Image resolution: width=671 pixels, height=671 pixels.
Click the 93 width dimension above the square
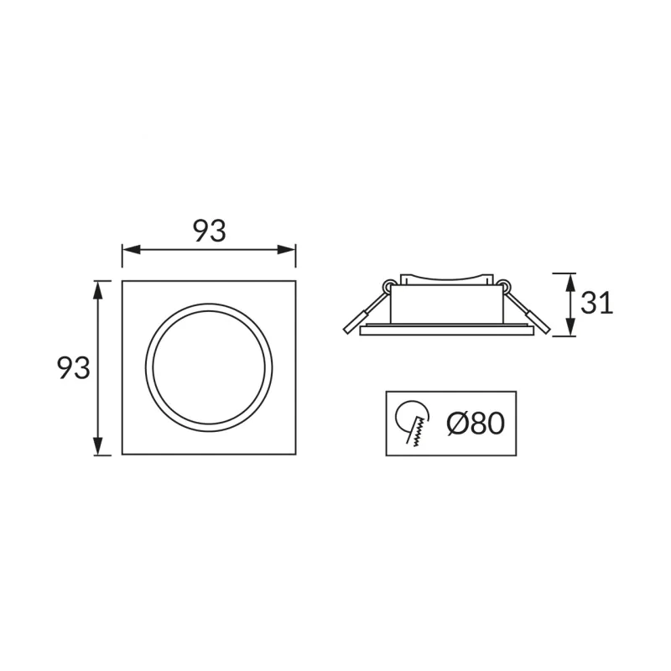point(209,231)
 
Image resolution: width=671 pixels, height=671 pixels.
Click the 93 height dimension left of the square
point(74,368)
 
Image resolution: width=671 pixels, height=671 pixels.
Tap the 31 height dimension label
point(596,304)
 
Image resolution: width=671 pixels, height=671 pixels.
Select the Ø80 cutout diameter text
point(476,424)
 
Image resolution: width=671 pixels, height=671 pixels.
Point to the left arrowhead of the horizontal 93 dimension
point(131,249)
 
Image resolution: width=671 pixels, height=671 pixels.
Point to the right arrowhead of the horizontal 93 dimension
point(287,249)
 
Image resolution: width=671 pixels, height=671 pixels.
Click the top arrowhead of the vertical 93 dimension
point(98,289)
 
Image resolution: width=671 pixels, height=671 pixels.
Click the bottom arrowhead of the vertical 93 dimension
point(98,445)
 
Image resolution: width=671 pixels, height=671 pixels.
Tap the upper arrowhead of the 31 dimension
point(571,283)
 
